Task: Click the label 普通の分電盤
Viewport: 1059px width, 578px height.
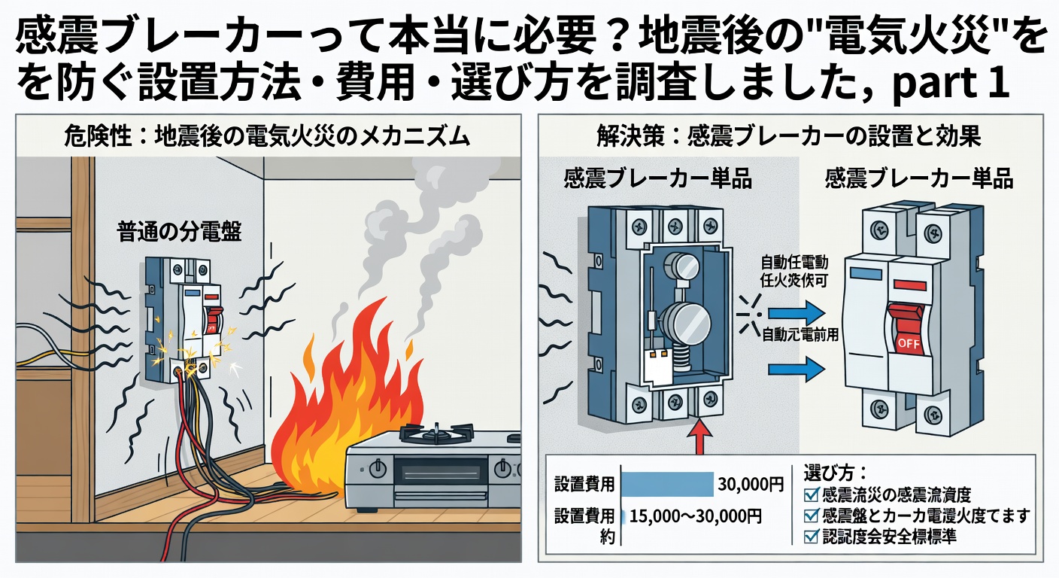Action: (179, 232)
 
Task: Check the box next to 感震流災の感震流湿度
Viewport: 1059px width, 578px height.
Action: (812, 495)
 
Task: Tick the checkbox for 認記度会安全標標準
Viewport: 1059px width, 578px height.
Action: (812, 537)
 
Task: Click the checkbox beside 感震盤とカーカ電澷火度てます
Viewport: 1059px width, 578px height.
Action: (812, 516)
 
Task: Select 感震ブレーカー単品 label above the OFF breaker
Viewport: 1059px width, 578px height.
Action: (919, 179)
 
